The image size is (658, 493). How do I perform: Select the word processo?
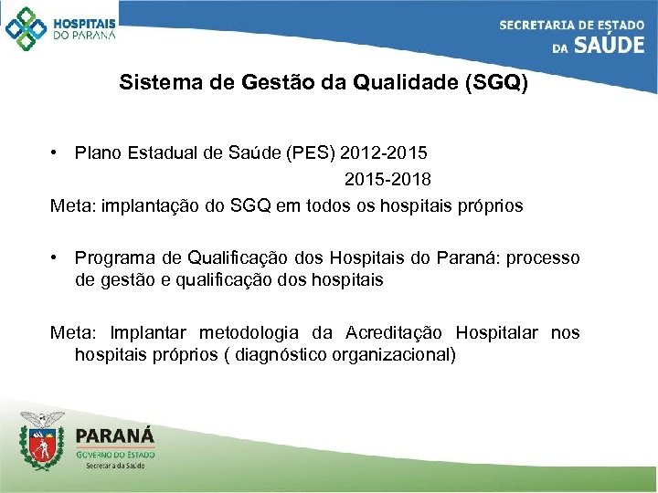pyautogui.click(x=543, y=258)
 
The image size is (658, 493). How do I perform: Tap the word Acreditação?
pyautogui.click(x=397, y=333)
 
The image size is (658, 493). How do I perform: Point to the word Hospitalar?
pyautogui.click(x=498, y=333)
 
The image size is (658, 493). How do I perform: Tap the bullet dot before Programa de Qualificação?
pyautogui.click(x=56, y=258)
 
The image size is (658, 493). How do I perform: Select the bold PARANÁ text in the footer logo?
pyautogui.click(x=115, y=435)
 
